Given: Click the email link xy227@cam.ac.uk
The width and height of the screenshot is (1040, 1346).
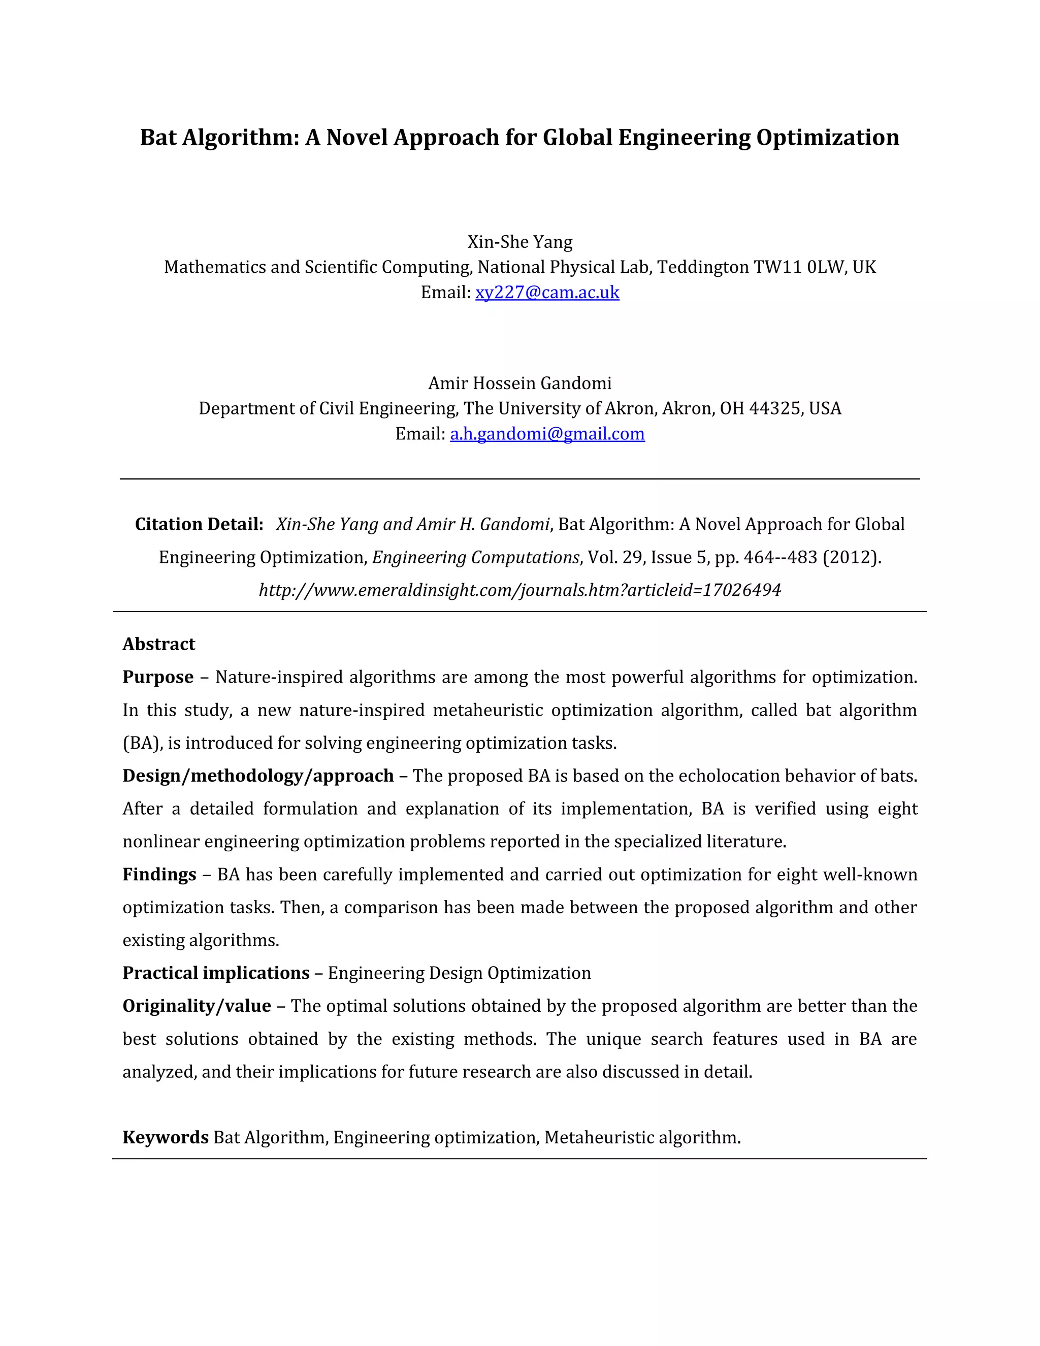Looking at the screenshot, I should click(x=547, y=292).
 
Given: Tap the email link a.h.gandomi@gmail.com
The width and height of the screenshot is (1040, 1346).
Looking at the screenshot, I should click(x=547, y=434).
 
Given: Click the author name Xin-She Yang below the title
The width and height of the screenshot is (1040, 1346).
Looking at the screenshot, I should click(x=520, y=242).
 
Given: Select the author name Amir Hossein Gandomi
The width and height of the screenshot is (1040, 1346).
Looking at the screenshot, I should click(x=520, y=383).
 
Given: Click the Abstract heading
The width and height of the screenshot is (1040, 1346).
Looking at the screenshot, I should click(x=158, y=644).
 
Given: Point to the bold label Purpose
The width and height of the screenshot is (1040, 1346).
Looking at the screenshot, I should click(x=158, y=677).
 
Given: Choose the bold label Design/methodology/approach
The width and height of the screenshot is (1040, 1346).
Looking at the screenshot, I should click(x=257, y=776).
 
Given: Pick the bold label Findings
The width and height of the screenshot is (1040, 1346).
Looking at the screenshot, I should click(x=159, y=875).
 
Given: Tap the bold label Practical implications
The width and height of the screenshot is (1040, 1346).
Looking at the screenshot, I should click(x=216, y=973).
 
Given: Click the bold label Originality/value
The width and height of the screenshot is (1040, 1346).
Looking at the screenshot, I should click(x=197, y=1006).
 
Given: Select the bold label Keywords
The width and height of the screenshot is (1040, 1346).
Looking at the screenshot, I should click(x=165, y=1137).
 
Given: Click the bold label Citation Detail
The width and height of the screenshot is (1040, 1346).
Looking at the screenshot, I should click(x=199, y=525).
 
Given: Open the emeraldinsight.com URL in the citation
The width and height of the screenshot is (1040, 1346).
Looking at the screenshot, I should click(x=520, y=590).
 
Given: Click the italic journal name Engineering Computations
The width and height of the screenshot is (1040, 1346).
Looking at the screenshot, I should click(x=476, y=558).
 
